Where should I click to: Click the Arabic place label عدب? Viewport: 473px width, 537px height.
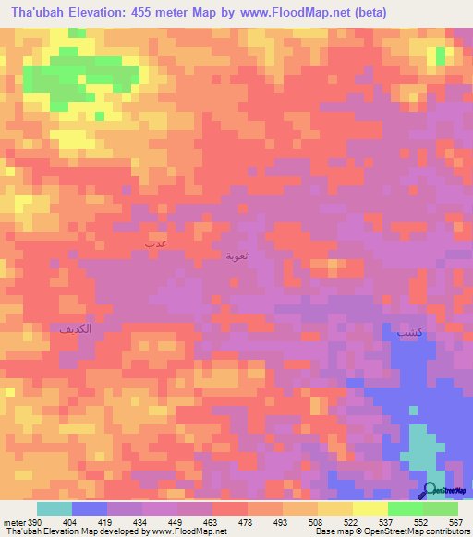(155, 242)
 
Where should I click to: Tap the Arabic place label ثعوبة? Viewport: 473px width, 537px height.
(237, 255)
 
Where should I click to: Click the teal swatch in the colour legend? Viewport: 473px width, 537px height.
(55, 508)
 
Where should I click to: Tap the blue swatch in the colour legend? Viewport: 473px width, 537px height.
(90, 508)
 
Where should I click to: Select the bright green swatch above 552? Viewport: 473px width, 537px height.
(406, 508)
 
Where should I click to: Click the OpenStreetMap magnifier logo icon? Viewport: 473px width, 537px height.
(430, 491)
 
